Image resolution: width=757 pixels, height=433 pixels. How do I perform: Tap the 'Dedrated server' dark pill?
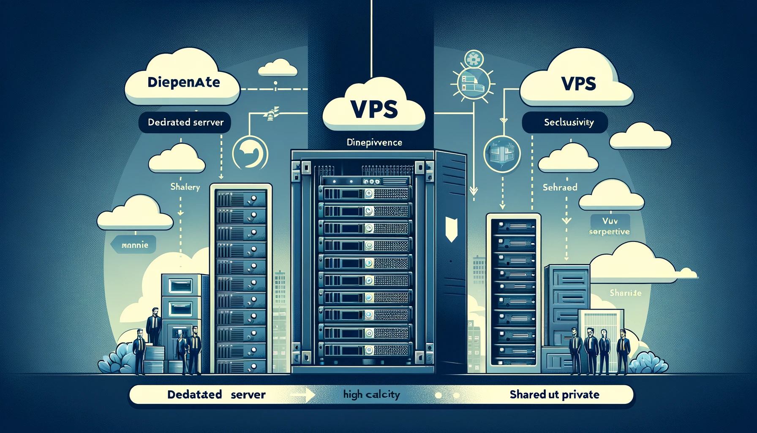tap(185, 123)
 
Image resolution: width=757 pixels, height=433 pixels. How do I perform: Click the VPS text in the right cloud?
tap(579, 83)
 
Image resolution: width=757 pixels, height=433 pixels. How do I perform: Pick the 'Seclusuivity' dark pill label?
tap(569, 123)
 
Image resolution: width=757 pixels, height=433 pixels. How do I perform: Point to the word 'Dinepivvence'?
tap(374, 143)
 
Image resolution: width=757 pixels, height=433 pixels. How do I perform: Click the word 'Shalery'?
tap(185, 186)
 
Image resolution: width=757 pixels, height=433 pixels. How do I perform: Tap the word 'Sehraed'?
tap(560, 187)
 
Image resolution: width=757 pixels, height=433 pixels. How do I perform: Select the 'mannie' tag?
tap(134, 245)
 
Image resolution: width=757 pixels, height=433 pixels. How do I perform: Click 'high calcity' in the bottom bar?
tap(371, 395)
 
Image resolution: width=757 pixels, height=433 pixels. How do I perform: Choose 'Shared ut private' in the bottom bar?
tap(554, 395)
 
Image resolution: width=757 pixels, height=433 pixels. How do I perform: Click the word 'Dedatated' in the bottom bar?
tap(195, 395)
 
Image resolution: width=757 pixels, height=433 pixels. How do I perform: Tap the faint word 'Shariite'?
tap(625, 293)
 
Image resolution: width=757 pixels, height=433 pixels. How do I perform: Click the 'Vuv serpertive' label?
tap(609, 226)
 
